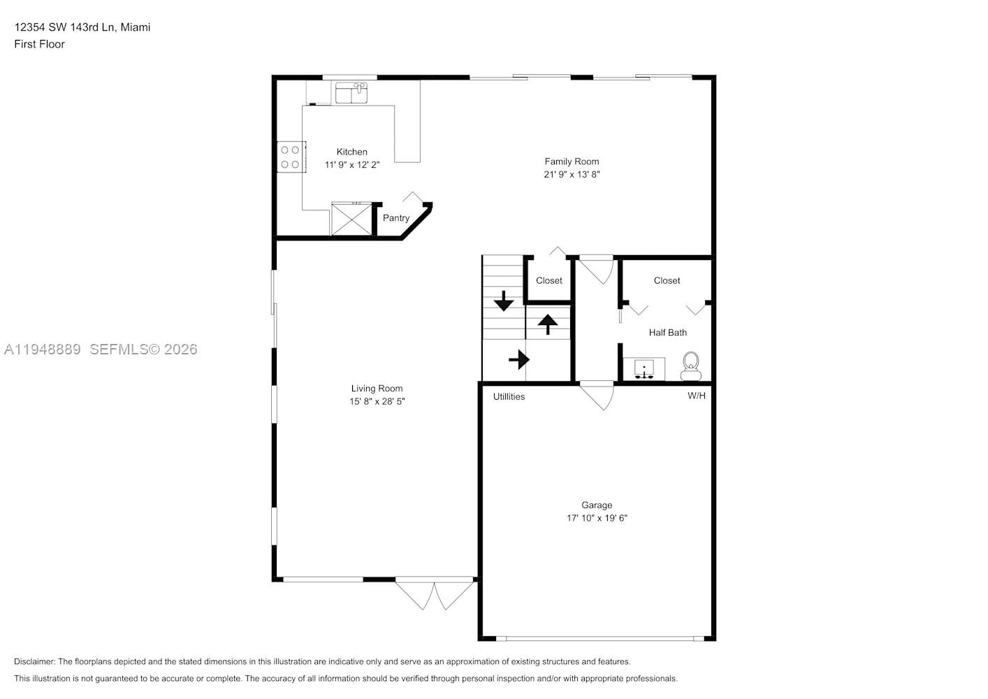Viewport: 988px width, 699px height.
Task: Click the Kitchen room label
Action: click(x=351, y=152)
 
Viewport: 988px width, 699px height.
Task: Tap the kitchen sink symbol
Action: click(x=351, y=93)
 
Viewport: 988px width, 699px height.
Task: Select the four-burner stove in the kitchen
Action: click(x=291, y=157)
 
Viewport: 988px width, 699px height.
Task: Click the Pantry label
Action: click(x=395, y=218)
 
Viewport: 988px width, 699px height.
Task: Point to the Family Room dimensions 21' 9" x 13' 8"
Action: click(x=572, y=175)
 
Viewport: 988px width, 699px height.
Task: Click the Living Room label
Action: click(x=377, y=389)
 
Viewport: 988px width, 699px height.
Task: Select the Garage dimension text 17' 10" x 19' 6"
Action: click(x=597, y=518)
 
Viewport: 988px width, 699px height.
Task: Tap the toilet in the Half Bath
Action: click(x=690, y=366)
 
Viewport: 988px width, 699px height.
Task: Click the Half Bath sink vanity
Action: click(x=644, y=368)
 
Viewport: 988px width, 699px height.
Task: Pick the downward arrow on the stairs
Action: click(x=503, y=301)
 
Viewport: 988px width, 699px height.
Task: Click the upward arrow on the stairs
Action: click(x=547, y=324)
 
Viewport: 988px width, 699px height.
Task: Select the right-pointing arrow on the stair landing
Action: click(x=518, y=360)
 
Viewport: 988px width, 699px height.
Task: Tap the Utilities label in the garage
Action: click(x=509, y=396)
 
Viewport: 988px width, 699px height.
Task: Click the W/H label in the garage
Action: click(x=696, y=396)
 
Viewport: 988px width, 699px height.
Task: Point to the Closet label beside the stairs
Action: click(x=549, y=280)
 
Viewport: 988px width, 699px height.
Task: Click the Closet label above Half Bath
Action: click(x=667, y=280)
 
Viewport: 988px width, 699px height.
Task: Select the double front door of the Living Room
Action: click(x=435, y=593)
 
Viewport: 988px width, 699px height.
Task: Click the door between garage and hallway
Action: click(x=597, y=395)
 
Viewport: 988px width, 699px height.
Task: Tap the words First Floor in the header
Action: click(x=39, y=44)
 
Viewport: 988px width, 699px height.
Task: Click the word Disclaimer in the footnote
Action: click(x=34, y=661)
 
